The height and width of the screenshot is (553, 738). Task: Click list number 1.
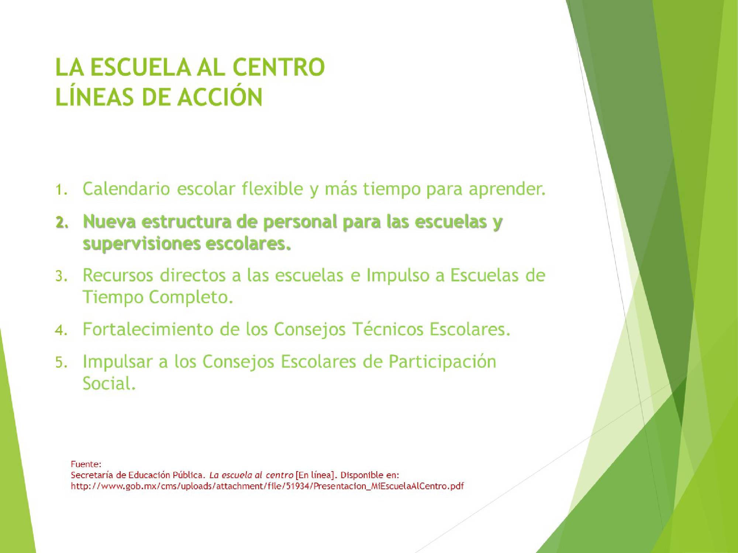[x=61, y=190]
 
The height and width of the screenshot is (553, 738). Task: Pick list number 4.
[x=61, y=330]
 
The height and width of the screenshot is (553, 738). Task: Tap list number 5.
[x=61, y=363]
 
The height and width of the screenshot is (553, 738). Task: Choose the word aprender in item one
[x=507, y=189]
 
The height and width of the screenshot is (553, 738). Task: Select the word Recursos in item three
[x=118, y=275]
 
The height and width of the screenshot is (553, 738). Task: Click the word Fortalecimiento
[x=148, y=329]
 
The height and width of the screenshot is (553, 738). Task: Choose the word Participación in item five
[x=442, y=362]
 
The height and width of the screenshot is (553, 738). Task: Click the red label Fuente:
[x=86, y=464]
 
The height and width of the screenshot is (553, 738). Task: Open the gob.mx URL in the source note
[x=267, y=486]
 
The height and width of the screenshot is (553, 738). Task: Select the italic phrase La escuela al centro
[x=251, y=475]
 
